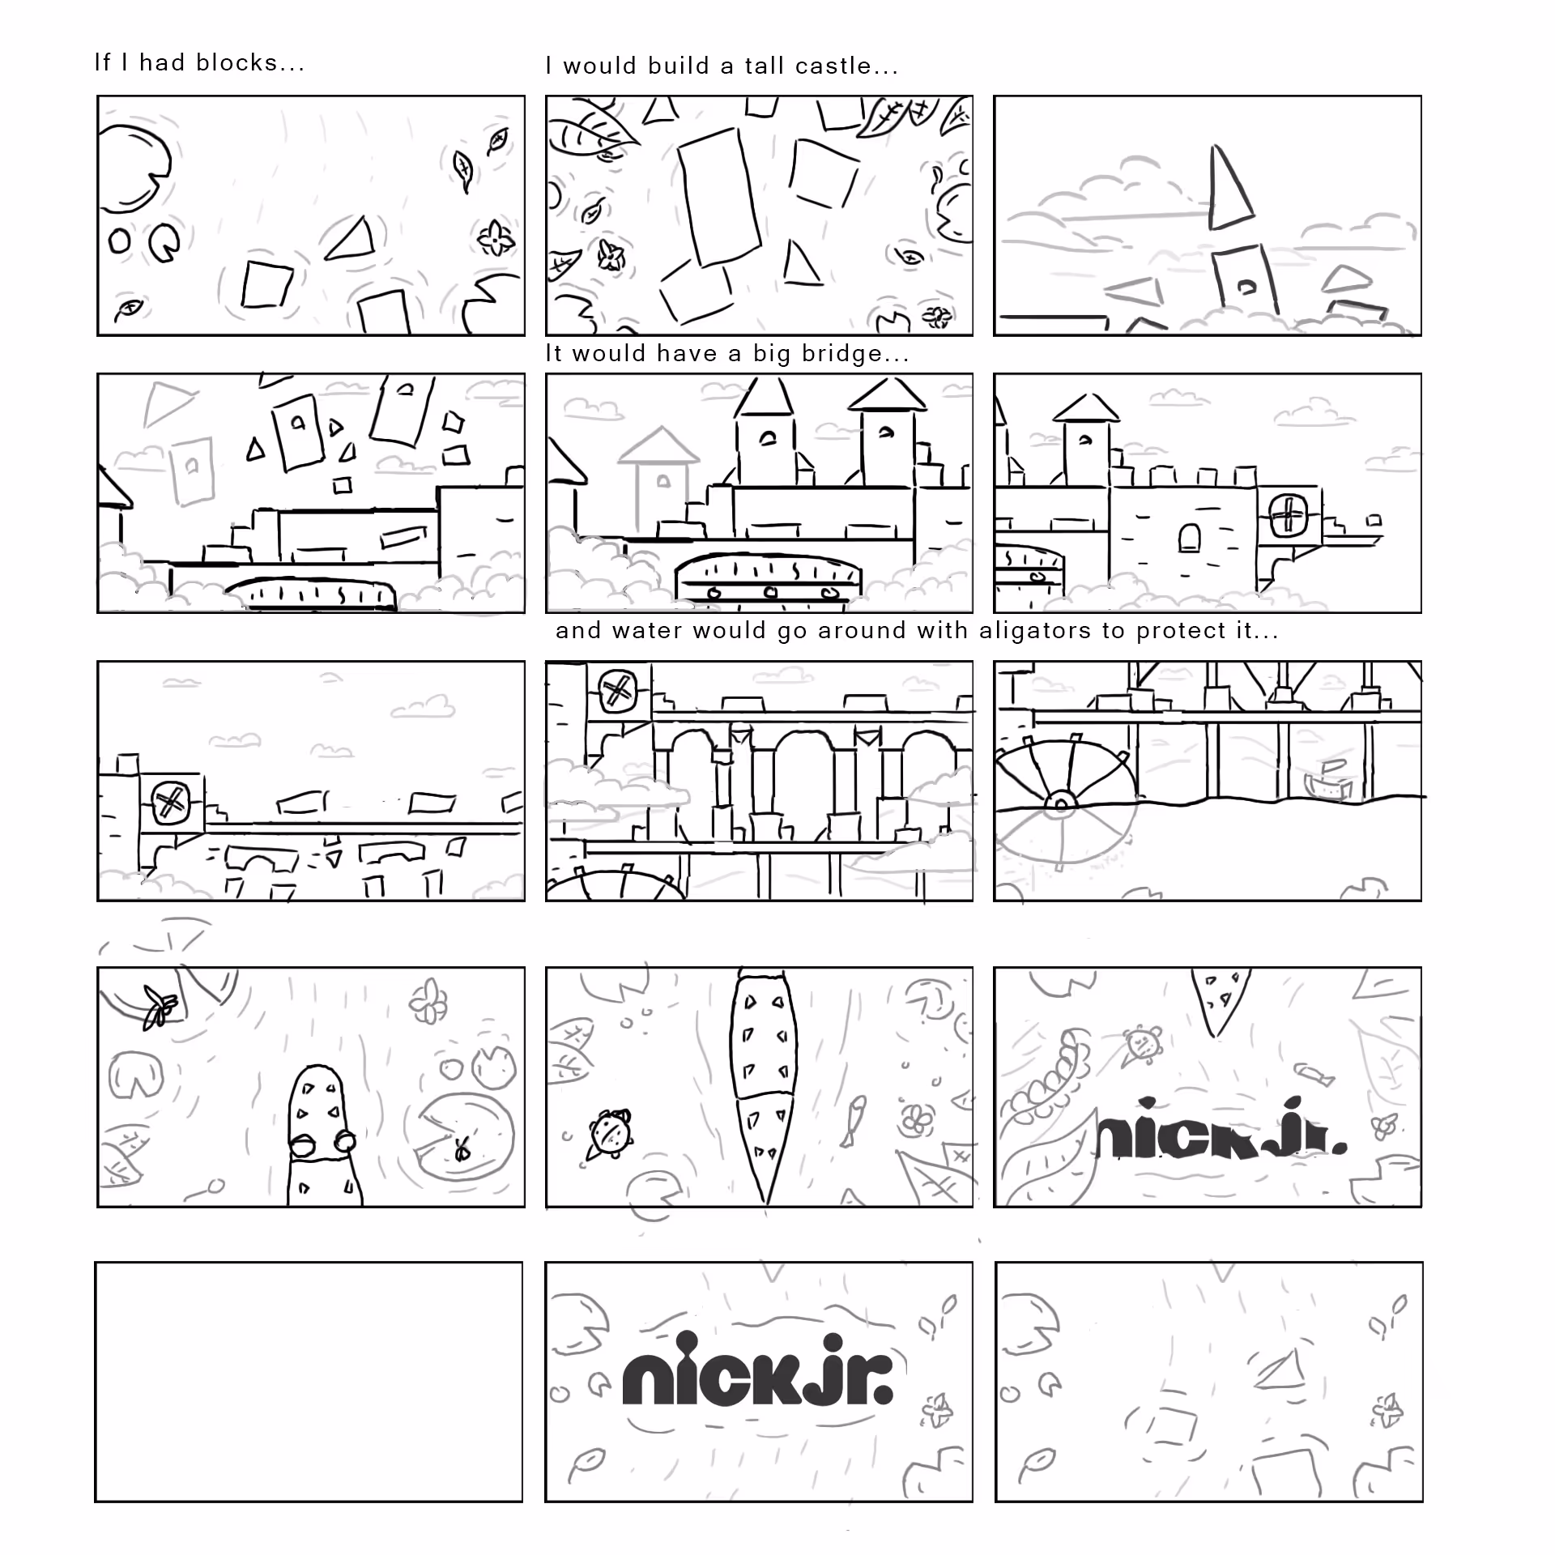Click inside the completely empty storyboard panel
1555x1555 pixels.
(309, 1381)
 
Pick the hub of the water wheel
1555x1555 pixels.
(1059, 802)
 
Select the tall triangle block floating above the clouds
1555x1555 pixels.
(1229, 189)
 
